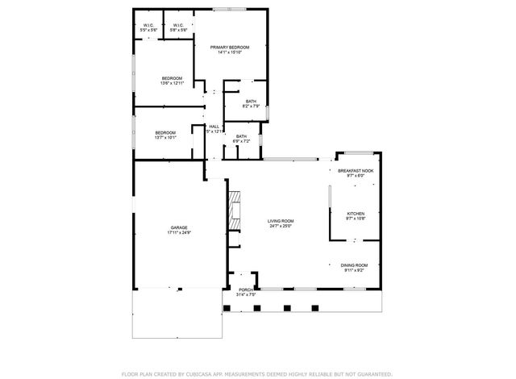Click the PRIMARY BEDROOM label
pos(230,48)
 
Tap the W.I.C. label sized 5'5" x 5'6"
pos(148,25)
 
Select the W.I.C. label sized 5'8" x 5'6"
pos(178,25)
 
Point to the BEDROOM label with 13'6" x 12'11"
pos(173,78)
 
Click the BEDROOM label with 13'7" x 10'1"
pos(165,132)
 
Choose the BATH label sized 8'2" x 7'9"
pos(251,101)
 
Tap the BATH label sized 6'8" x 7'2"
pos(241,137)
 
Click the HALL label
pos(214,127)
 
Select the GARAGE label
pos(178,227)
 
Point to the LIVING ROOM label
pos(281,221)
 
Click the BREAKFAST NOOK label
pos(355,171)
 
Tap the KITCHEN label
pos(356,214)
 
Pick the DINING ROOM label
pos(354,265)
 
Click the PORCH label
pos(246,289)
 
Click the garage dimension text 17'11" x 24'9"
pos(178,233)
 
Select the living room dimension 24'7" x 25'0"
pos(281,227)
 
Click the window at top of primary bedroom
pos(225,9)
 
